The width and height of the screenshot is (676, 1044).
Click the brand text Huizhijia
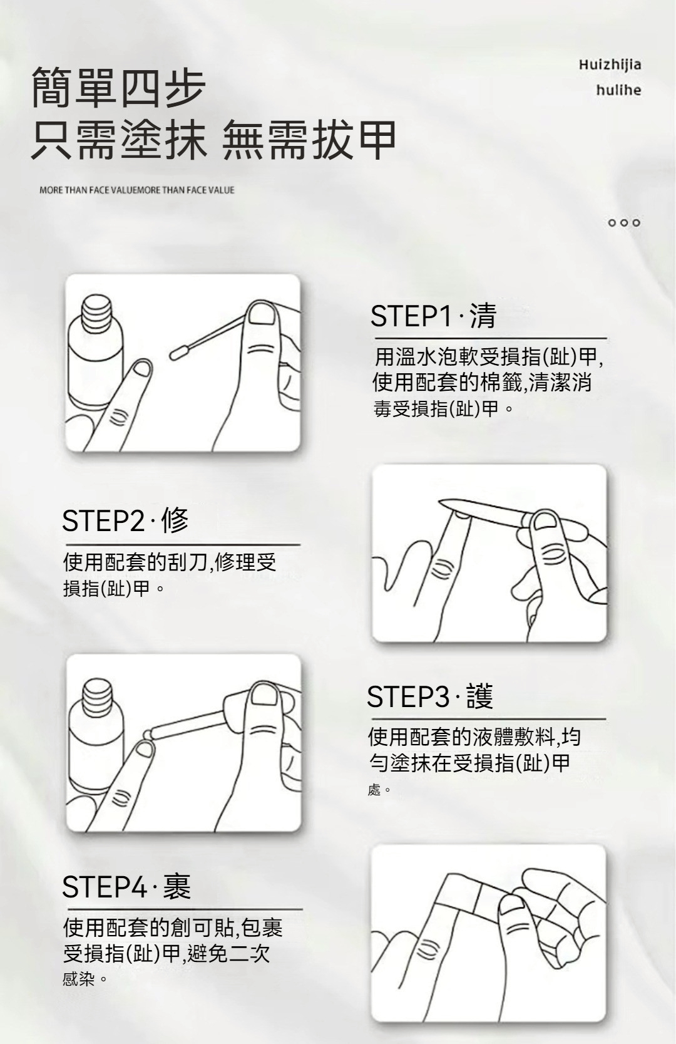click(610, 65)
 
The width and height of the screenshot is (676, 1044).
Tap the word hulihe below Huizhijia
click(618, 90)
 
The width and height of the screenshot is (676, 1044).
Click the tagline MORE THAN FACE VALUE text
click(137, 190)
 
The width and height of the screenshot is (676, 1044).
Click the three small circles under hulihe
click(624, 223)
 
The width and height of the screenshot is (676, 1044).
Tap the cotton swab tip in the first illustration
click(178, 353)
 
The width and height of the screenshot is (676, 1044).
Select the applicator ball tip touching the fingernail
click(148, 734)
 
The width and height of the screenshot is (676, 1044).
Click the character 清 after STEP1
click(483, 316)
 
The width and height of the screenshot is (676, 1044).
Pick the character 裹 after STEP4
click(177, 886)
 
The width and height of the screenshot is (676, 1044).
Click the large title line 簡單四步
click(119, 88)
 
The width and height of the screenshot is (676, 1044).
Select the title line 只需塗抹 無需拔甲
click(214, 140)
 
